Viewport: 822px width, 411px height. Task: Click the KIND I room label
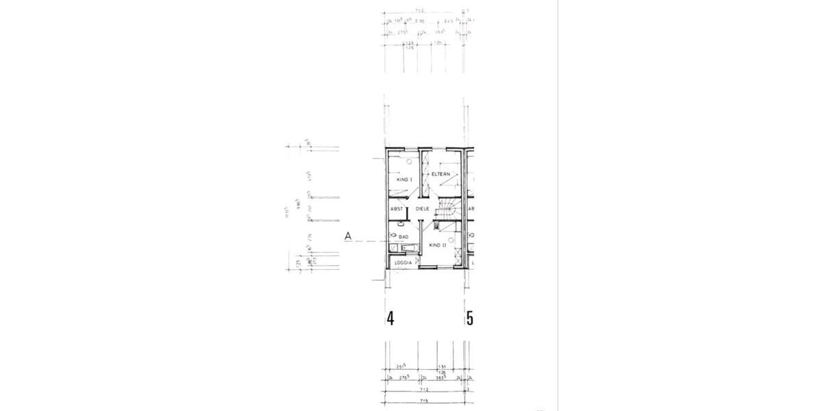click(404, 179)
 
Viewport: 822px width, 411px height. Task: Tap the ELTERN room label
click(440, 175)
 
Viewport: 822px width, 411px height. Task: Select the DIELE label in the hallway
click(422, 209)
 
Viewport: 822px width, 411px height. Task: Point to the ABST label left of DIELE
click(397, 209)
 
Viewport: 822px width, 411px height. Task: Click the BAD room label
click(403, 237)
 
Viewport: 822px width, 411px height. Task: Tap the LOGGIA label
click(403, 263)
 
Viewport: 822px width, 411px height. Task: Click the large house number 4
click(390, 319)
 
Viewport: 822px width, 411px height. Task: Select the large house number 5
click(470, 319)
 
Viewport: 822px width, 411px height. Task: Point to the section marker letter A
click(348, 236)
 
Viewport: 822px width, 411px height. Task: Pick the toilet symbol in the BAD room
click(393, 236)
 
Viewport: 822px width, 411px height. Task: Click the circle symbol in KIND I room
click(409, 162)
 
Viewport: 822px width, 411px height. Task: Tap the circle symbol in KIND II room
click(451, 238)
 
